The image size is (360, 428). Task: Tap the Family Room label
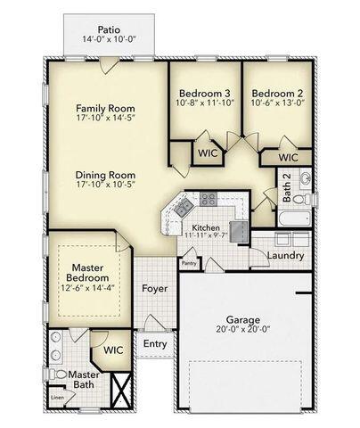coord(104,107)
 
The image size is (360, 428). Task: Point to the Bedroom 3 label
coord(205,94)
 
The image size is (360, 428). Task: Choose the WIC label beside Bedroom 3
coord(206,153)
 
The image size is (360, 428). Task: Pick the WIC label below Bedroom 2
coord(287,157)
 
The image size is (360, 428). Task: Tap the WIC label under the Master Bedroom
coord(112,350)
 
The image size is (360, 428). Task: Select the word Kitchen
coord(205,228)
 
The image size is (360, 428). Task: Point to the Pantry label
coord(188,263)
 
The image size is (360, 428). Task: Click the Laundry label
coord(283,256)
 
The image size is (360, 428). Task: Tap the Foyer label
coord(155,289)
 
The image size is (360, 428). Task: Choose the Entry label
coord(155,343)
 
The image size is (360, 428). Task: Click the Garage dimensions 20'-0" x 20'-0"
coord(242,330)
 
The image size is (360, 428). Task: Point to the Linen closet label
coord(57,397)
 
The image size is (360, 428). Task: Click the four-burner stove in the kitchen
coord(209,199)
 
